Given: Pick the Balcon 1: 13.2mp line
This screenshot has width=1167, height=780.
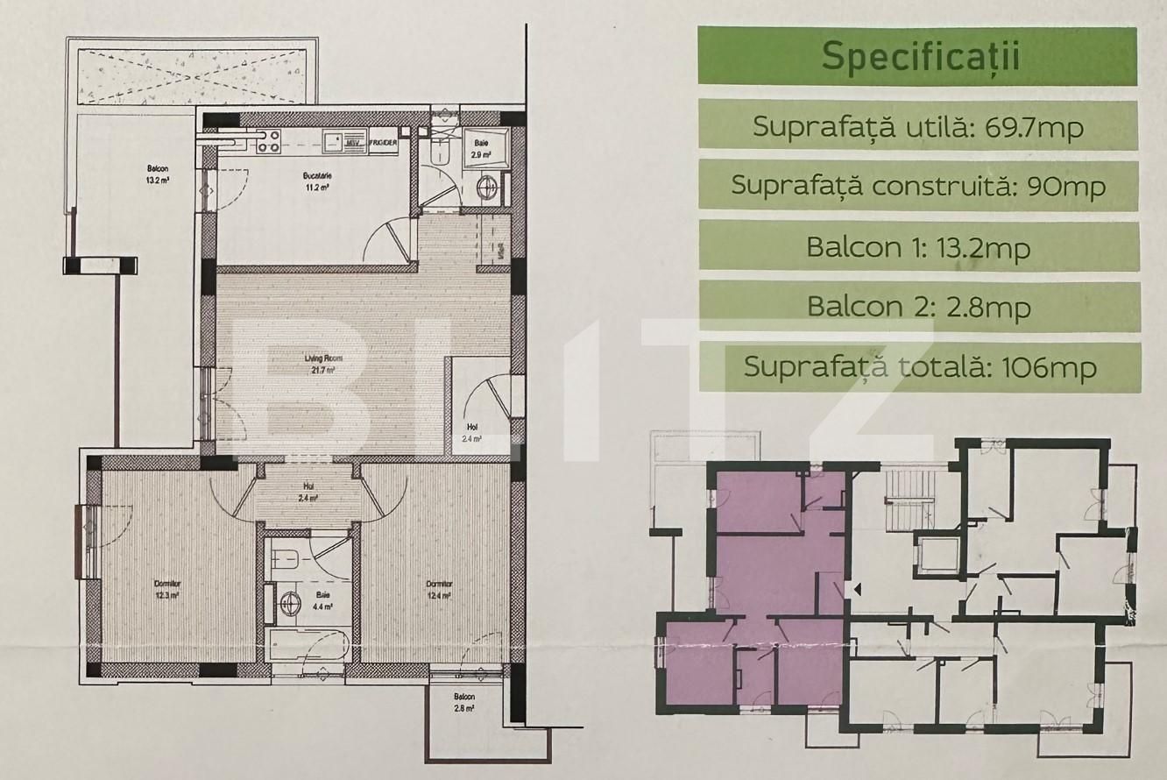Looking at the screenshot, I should click(918, 247).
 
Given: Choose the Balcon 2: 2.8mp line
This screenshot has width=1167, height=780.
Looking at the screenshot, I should click(918, 307).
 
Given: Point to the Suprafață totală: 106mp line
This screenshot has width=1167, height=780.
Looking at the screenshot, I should click(918, 366).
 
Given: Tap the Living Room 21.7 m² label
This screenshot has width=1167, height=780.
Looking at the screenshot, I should click(323, 363).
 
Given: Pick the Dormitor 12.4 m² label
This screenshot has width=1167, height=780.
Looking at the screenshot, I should click(439, 589).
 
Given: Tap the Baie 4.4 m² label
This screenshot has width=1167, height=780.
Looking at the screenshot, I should click(323, 598).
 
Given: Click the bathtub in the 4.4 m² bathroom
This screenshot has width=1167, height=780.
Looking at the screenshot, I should click(310, 647).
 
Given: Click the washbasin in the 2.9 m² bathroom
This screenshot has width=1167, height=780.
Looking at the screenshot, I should click(486, 187).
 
